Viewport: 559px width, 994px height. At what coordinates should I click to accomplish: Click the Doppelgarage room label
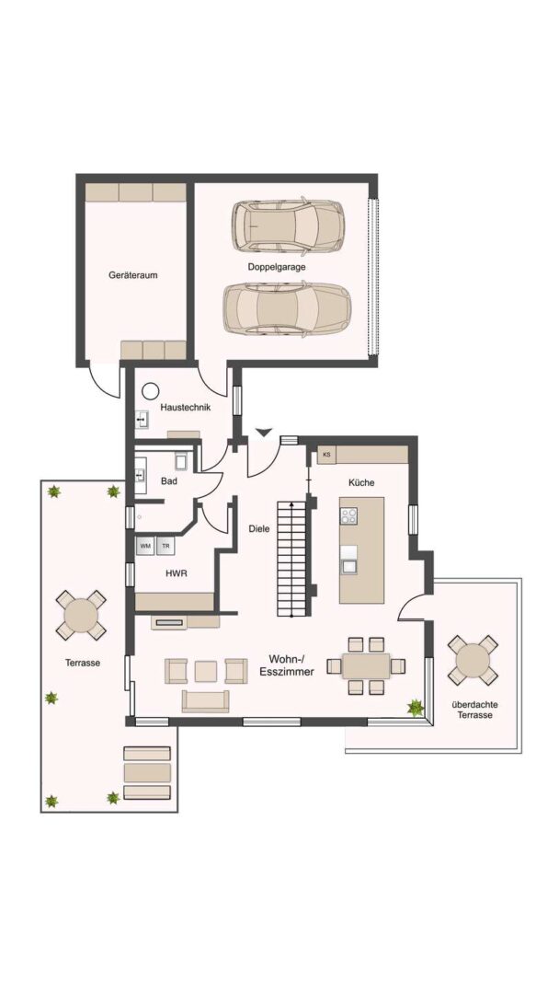[x=277, y=267]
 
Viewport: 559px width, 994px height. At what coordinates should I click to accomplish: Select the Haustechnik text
[x=185, y=408]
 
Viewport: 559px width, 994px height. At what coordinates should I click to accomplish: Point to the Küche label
[x=361, y=482]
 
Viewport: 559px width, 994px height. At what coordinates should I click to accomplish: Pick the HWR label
[x=176, y=572]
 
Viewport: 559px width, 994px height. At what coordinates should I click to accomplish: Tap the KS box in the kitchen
[x=326, y=455]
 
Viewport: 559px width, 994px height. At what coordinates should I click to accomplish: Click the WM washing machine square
[x=145, y=545]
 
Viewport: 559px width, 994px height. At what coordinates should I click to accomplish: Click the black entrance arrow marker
[x=264, y=433]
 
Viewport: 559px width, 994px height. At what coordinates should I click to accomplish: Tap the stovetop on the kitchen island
[x=348, y=516]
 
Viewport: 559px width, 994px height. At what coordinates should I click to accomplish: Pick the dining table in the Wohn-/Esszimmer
[x=366, y=665]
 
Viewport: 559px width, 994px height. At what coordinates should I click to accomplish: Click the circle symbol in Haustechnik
[x=150, y=391]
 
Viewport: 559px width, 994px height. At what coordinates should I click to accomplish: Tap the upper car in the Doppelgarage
[x=288, y=225]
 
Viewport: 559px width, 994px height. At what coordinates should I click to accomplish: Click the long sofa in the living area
[x=205, y=701]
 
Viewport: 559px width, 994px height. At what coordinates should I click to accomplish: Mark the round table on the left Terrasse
[x=81, y=614]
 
